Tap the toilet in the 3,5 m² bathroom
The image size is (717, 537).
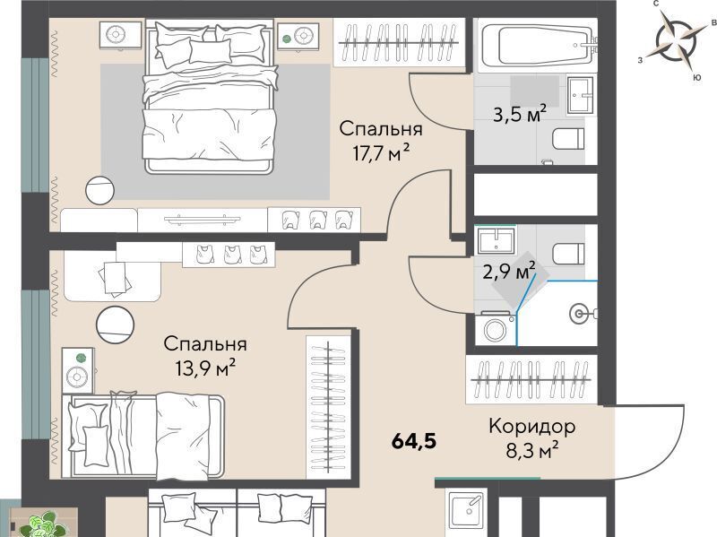[568, 138]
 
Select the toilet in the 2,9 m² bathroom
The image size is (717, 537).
[568, 254]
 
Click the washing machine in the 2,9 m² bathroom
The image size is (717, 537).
[495, 328]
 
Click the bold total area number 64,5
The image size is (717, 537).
[414, 441]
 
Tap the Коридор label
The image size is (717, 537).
[531, 427]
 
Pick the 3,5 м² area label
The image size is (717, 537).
[520, 114]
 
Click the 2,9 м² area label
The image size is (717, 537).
[509, 272]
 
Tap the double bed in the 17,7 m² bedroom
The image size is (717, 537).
[210, 97]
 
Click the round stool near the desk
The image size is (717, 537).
[116, 324]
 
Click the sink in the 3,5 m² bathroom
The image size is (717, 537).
[581, 95]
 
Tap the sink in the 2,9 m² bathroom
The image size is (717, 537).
[497, 240]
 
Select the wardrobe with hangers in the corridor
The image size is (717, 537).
[531, 379]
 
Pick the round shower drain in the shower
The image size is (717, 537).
[579, 314]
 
